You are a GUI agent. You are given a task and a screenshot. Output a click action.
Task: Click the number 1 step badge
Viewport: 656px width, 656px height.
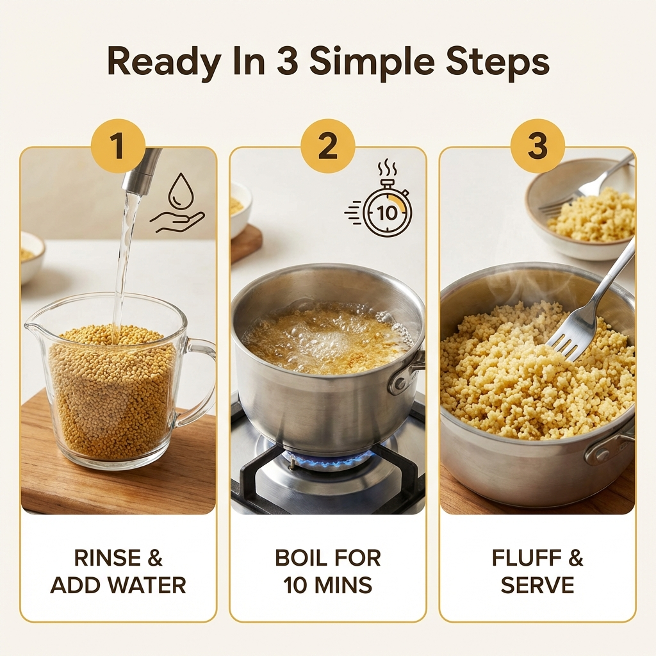118,146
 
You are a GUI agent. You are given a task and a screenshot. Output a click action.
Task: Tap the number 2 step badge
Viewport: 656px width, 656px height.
327,146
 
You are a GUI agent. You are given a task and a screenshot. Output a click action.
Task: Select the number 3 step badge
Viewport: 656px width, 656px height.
537,146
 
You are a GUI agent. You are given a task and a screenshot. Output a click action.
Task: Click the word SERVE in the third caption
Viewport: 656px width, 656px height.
537,585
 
